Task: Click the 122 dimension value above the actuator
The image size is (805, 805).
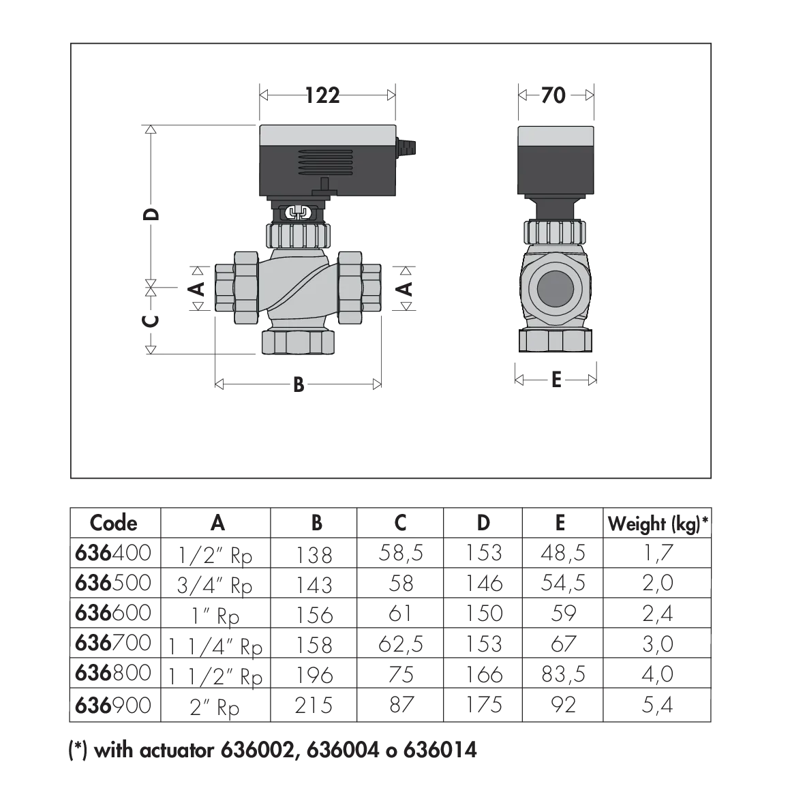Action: click(322, 95)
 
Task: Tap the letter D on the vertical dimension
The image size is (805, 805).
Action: click(151, 214)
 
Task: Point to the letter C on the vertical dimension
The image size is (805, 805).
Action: click(151, 321)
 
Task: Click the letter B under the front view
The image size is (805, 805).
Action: click(299, 384)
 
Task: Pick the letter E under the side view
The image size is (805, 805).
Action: click(556, 380)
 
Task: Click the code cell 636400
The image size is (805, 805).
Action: click(113, 553)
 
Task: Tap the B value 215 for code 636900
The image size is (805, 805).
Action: click(314, 706)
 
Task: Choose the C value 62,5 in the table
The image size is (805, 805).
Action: click(400, 643)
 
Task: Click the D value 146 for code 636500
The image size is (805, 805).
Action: click(484, 583)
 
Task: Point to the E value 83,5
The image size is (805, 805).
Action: click(563, 674)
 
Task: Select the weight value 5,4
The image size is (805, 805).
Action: click(657, 705)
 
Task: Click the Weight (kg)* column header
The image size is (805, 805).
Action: click(658, 523)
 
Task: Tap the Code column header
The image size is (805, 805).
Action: click(113, 523)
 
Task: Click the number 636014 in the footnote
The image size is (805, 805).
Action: click(440, 750)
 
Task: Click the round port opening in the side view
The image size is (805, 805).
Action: click(555, 288)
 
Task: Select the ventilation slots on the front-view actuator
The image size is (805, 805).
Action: click(326, 163)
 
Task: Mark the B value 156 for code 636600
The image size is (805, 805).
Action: click(314, 614)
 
